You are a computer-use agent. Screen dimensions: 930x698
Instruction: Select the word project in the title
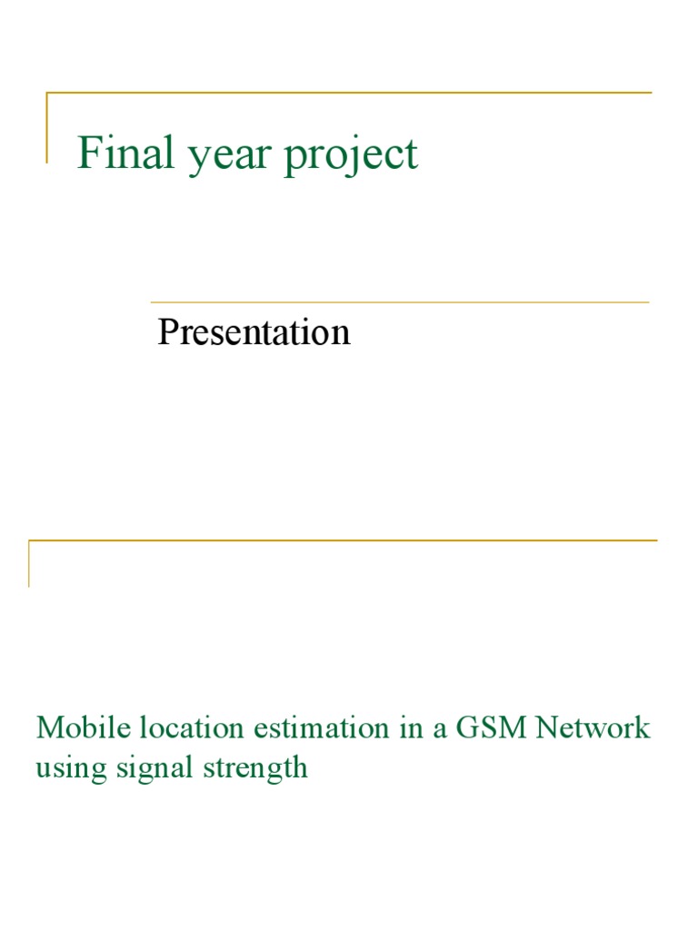coord(351,156)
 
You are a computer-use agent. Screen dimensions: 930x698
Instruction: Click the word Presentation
coord(254,332)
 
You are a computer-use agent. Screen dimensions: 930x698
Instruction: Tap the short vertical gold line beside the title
coord(46,127)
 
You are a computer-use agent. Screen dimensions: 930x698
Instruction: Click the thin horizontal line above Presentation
coord(400,302)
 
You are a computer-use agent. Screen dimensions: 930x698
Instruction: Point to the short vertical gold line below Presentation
coord(29,563)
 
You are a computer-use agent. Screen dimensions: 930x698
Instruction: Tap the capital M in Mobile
coord(49,727)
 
